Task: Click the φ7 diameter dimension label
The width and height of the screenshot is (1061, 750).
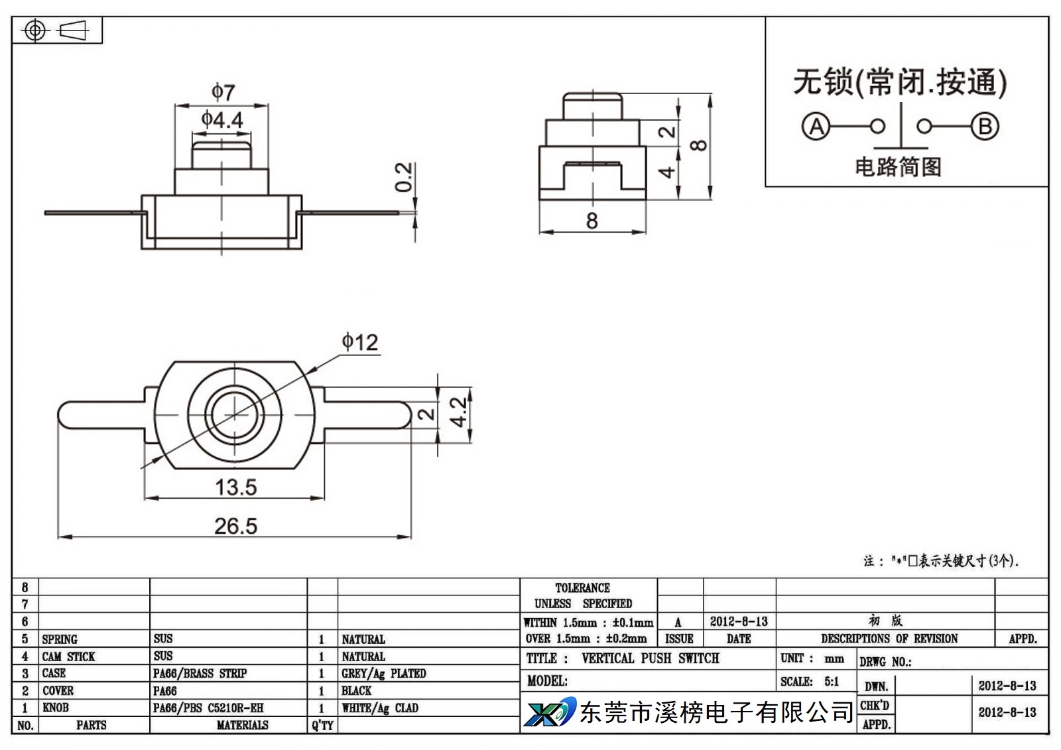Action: coord(223,92)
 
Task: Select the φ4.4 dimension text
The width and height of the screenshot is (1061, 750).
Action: coord(222,120)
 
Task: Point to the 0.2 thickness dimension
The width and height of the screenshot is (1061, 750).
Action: coord(404,177)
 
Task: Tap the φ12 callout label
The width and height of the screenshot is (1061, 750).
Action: coord(360,342)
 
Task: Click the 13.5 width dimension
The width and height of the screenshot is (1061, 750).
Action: coord(236,487)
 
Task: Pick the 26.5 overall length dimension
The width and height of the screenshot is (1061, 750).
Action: coord(236,526)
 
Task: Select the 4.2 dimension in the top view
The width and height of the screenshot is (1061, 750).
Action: coord(458,412)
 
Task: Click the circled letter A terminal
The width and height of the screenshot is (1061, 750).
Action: coord(816,127)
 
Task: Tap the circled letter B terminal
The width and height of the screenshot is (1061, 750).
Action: coord(985,127)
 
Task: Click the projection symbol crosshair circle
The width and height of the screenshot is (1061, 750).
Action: coord(35,31)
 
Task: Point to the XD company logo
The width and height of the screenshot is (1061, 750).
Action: coord(550,712)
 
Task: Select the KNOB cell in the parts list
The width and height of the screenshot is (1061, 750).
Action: coord(56,708)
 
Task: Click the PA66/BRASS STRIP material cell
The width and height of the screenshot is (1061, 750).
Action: coord(200,673)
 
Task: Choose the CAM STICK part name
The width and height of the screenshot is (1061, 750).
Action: coord(69,656)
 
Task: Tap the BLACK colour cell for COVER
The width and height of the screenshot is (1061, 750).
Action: coord(356,691)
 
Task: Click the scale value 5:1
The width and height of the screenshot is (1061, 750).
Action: coord(832,682)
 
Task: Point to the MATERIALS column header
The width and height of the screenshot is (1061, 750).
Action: coord(243,725)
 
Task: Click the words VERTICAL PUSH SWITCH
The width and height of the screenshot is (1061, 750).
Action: coord(651,658)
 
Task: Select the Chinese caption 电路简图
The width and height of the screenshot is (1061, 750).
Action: coord(898,166)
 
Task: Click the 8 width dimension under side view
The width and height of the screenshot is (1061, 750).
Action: coord(592,221)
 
